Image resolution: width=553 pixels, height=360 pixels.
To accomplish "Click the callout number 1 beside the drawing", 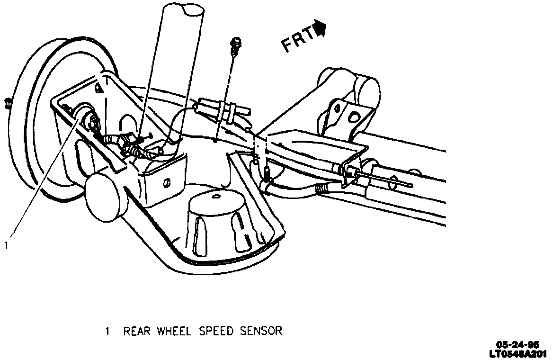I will coord(6,245).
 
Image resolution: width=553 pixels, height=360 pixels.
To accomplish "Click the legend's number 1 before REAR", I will coord(107,331).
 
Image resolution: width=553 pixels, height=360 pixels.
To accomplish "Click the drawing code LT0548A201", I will coord(513,353).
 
